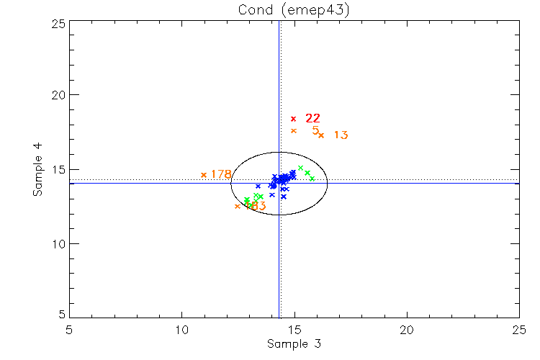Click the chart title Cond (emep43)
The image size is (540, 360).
293,9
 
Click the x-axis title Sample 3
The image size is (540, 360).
293,344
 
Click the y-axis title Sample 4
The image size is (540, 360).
37,169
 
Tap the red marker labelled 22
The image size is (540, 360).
293,118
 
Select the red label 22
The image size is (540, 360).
312,118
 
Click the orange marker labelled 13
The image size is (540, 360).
321,135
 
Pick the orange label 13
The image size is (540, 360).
341,135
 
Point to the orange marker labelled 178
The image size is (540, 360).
204,174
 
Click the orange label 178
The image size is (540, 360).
221,174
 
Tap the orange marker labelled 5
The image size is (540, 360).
293,130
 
